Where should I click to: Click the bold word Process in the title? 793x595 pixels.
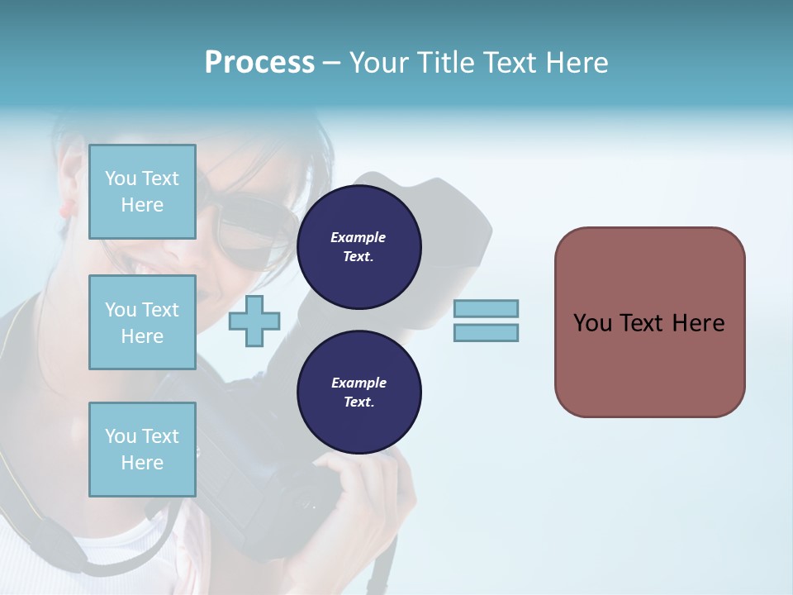259,63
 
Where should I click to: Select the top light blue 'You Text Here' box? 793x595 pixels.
142,192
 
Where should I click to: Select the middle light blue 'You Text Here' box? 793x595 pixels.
142,322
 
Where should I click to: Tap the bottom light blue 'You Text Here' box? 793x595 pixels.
142,449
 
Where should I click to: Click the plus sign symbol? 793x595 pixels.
254,321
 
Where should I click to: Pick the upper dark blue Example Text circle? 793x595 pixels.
359,247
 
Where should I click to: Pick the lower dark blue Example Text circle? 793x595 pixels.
359,393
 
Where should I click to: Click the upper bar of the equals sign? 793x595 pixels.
486,309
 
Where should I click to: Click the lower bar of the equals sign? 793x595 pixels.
486,332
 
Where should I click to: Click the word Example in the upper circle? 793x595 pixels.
359,237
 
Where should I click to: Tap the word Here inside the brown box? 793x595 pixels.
698,323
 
